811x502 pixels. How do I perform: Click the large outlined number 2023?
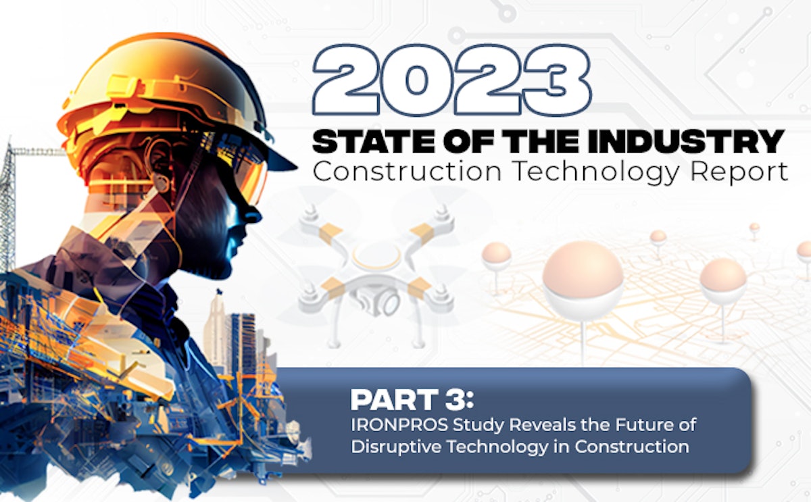click(x=451, y=83)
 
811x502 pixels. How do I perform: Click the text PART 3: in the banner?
click(x=412, y=400)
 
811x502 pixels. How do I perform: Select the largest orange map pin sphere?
click(x=582, y=277)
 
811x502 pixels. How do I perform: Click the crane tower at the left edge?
click(x=8, y=203)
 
